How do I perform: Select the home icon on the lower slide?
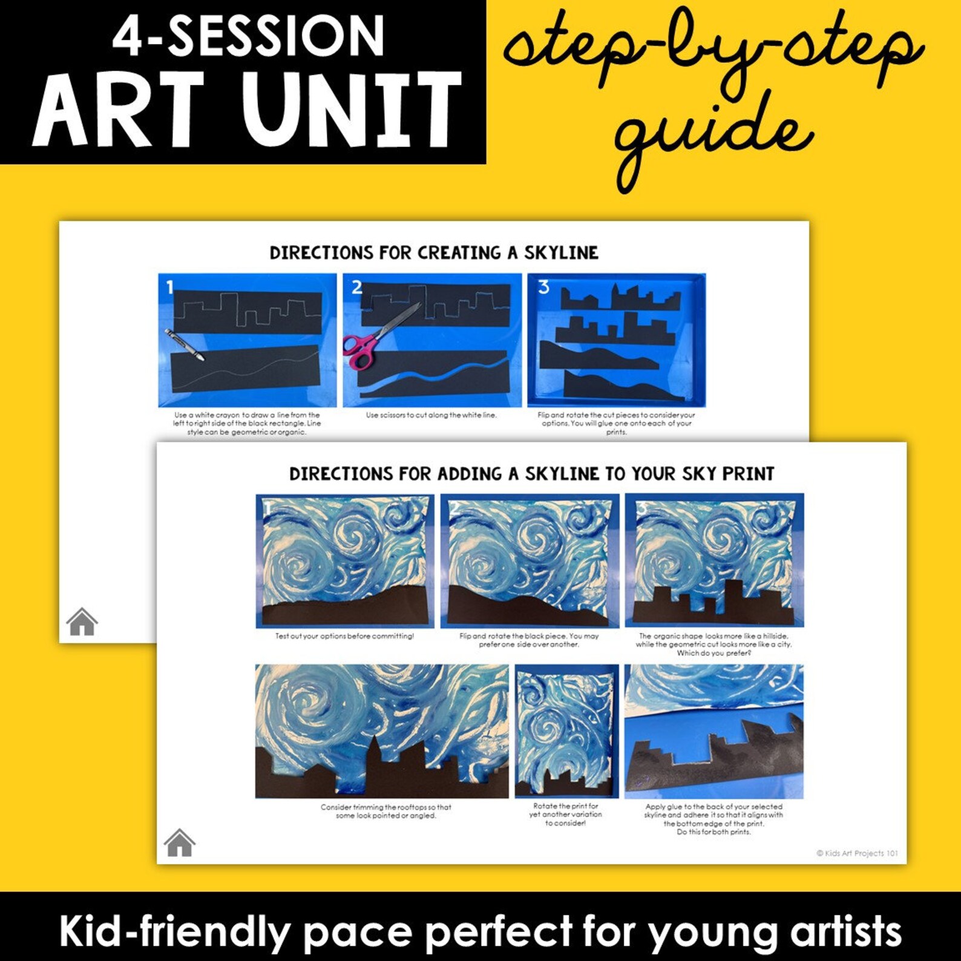pos(179,842)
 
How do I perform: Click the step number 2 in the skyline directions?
pos(357,287)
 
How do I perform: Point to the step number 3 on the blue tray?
pos(543,286)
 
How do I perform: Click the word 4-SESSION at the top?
pos(248,36)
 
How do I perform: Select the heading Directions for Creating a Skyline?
pos(434,252)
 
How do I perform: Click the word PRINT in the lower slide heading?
pos(748,474)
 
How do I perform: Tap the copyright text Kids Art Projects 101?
pos(857,853)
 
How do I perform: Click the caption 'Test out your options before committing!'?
pos(344,637)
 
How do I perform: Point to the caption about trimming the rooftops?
pos(385,812)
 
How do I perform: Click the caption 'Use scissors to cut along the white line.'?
pos(431,415)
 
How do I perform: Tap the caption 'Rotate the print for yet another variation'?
pos(565,815)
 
